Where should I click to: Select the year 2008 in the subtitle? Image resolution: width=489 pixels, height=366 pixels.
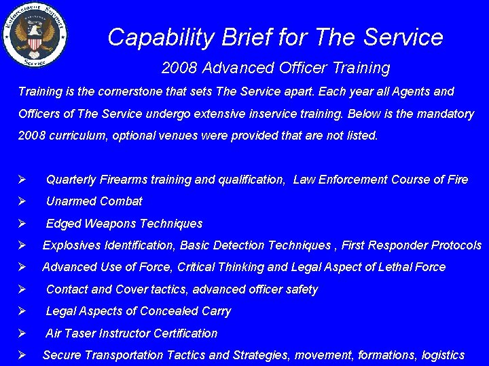pyautogui.click(x=179, y=68)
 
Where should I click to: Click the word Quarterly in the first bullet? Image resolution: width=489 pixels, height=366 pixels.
pyautogui.click(x=71, y=180)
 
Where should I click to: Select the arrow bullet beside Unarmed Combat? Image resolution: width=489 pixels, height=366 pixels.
pyautogui.click(x=22, y=201)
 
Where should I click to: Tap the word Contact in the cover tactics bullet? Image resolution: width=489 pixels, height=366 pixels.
pyautogui.click(x=67, y=289)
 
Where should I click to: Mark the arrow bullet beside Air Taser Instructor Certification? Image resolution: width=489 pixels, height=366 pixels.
pyautogui.click(x=22, y=333)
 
